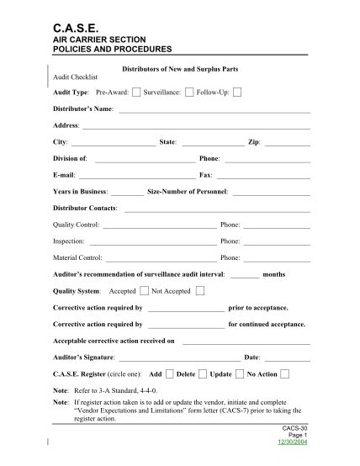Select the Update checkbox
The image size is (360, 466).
[x=241, y=373]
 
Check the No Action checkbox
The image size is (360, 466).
[x=285, y=373]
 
